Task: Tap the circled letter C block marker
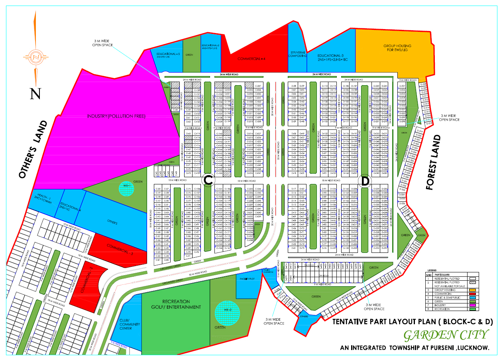pos(208,181)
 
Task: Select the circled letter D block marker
pos(365,181)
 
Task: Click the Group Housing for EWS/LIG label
pos(397,48)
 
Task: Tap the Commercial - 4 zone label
pos(251,59)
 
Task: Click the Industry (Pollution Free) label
pos(116,116)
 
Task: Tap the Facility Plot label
pos(247,279)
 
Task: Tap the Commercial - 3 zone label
pos(117,249)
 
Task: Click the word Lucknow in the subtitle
pos(474,348)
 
